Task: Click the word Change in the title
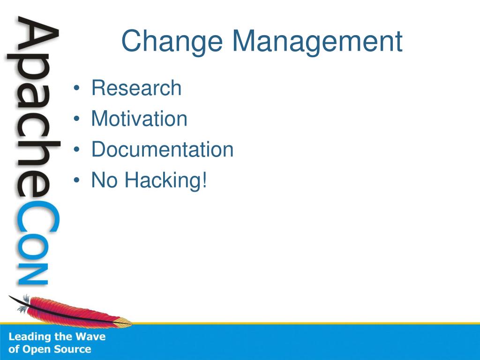172,42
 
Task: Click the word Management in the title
317,42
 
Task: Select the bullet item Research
136,88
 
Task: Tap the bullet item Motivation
139,119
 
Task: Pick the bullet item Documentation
162,149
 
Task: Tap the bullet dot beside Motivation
76,119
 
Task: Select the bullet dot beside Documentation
76,150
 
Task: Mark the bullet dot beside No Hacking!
76,180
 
